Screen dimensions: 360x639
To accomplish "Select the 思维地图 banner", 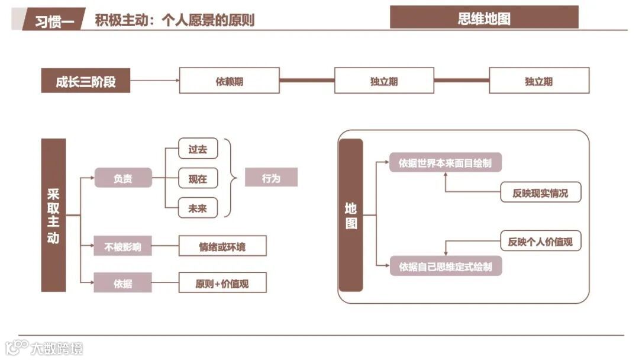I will click(x=484, y=18).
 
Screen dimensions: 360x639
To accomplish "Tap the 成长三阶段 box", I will click(x=85, y=81).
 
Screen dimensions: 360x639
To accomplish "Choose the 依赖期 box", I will click(x=229, y=81).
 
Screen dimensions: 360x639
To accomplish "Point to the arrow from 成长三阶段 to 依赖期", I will click(x=154, y=81).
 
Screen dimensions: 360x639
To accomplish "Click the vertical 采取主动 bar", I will click(x=53, y=216).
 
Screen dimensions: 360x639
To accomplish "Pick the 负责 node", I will click(x=123, y=178).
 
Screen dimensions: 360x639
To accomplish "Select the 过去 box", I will click(x=198, y=149).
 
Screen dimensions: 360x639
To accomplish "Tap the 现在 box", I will click(x=198, y=178).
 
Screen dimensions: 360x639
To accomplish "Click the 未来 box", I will click(x=198, y=208).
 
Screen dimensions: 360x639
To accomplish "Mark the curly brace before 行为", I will click(x=231, y=178).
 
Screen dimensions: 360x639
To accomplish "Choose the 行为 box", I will click(x=271, y=178).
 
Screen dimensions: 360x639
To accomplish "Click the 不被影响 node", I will click(x=122, y=246).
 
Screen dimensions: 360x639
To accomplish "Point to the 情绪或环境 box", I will click(x=222, y=246).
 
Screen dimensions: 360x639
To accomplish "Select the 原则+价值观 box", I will click(x=222, y=283).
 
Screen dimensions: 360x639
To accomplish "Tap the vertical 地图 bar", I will click(x=351, y=216).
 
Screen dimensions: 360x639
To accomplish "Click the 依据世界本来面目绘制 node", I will click(x=446, y=163).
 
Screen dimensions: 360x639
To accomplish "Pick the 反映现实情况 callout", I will click(x=540, y=193).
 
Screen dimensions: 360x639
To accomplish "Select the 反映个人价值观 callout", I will click(x=540, y=241).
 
